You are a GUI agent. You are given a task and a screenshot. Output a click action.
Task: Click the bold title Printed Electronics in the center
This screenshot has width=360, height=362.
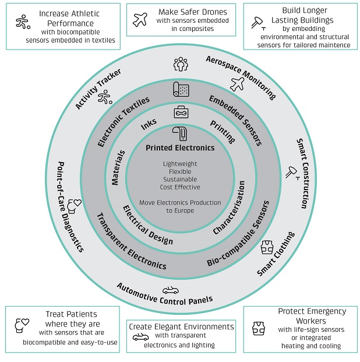coord(180,148)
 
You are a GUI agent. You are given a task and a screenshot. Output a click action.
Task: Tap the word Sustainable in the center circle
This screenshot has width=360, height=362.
coord(180,180)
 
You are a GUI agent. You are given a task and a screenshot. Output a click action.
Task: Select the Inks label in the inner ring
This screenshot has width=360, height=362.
coord(149,125)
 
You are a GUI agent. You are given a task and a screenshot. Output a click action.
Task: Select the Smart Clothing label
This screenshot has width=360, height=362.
coord(276,254)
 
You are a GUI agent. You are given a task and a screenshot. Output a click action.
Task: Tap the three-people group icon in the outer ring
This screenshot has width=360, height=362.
coord(181,64)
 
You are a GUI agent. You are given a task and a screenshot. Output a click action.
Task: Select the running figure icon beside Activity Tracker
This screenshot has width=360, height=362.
coord(105,99)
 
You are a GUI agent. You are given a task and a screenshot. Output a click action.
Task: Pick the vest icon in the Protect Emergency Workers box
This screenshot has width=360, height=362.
coord(259,328)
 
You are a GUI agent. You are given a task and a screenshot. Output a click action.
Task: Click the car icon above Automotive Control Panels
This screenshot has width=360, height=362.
coord(171,290)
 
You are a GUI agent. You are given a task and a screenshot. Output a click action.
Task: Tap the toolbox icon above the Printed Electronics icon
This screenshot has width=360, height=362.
coord(181,112)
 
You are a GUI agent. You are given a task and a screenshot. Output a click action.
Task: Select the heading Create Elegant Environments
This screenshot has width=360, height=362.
coord(182,326)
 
